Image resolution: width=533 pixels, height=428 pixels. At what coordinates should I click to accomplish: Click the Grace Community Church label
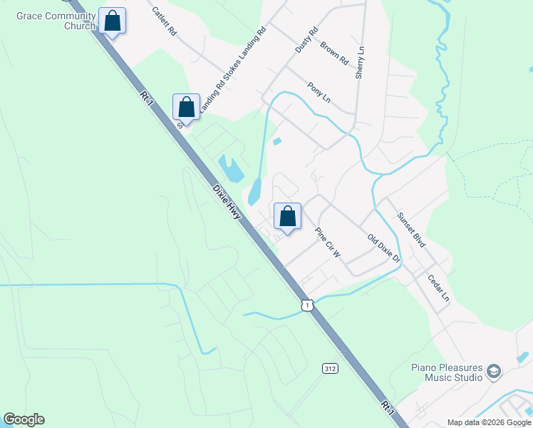coord(56,21)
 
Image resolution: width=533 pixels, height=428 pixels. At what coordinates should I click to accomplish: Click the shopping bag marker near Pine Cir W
coord(287,215)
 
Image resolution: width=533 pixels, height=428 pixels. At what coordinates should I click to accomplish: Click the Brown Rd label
coord(333,52)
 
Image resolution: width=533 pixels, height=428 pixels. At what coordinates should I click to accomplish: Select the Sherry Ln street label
coord(361,62)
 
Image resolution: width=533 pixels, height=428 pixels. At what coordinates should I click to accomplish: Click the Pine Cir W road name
coord(328,243)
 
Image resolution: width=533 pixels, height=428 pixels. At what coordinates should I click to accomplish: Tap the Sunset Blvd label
coord(411,230)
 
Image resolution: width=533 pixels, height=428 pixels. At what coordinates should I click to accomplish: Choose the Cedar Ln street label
coord(439,287)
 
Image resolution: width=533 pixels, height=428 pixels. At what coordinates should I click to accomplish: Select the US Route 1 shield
coord(306,305)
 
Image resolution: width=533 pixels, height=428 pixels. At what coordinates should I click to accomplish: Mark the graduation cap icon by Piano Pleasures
coord(494,372)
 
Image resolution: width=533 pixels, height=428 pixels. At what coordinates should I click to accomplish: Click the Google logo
coord(24,419)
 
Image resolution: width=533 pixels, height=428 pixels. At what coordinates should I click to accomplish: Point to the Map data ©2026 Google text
coord(488,422)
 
